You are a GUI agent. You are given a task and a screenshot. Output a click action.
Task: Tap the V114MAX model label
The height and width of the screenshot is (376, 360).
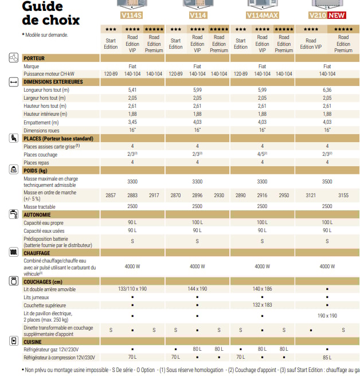point(262,16)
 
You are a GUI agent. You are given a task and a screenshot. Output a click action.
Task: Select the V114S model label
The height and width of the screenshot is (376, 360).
point(132,16)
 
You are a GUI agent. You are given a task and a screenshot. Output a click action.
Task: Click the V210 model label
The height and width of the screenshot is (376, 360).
point(317,16)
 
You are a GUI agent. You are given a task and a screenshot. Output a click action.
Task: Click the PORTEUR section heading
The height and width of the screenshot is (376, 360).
point(34,58)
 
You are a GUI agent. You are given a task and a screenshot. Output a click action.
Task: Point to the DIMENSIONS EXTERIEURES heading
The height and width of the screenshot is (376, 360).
point(53,82)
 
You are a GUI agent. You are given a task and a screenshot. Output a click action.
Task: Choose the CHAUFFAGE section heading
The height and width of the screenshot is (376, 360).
point(37,253)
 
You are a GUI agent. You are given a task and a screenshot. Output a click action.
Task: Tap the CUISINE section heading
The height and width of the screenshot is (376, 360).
point(33,342)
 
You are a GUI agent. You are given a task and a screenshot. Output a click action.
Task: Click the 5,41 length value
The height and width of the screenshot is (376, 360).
point(132,90)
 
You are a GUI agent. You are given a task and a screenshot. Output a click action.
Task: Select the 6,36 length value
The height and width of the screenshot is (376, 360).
point(327,90)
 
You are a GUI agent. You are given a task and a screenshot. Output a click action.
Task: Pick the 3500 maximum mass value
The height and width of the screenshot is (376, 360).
point(327,181)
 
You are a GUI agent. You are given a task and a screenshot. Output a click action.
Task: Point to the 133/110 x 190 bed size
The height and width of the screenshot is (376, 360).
point(132,289)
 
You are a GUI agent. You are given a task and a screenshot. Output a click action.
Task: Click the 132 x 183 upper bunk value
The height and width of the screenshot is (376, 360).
point(262,305)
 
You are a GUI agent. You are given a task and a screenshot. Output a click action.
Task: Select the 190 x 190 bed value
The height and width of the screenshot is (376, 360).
point(327,315)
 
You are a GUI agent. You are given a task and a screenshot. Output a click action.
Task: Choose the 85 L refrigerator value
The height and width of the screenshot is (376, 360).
point(327,357)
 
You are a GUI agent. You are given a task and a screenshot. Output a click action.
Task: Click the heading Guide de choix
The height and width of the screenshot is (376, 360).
point(50,13)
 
